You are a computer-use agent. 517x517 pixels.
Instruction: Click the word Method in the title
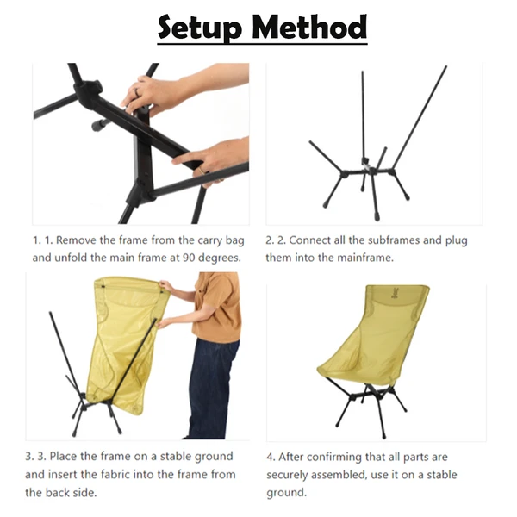point(312,28)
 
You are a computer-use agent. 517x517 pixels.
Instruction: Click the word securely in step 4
point(290,474)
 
